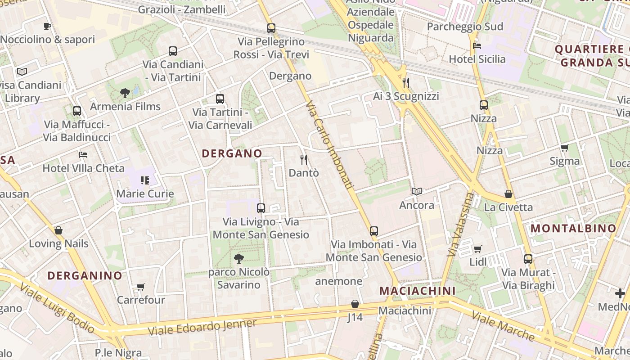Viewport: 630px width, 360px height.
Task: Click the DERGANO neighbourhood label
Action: pos(232,153)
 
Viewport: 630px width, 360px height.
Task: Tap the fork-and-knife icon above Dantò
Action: pos(304,159)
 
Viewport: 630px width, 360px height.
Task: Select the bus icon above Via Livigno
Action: pos(261,208)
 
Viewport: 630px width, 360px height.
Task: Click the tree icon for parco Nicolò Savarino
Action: pos(239,258)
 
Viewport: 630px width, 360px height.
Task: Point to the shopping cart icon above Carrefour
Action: pos(141,287)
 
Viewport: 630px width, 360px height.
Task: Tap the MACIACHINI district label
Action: pos(418,291)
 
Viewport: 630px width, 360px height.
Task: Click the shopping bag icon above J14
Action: pos(355,304)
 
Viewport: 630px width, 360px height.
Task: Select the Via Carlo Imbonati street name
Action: pos(329,145)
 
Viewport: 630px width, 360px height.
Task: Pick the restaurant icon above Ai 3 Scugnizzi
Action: pos(406,82)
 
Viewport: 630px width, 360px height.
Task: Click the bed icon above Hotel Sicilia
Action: pos(477,46)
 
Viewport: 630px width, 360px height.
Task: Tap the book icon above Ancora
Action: pos(417,192)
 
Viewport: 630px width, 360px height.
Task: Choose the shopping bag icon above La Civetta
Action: pos(508,194)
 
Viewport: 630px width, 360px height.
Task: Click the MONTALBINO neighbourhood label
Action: pos(573,228)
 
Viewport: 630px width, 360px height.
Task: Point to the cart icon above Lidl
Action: pos(477,249)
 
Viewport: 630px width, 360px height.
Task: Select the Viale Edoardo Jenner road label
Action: pos(202,327)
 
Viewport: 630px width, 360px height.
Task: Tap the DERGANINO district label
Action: pos(85,275)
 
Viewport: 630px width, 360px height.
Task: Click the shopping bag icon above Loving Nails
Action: pos(58,230)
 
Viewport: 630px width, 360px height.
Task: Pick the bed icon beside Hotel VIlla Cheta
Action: pos(83,155)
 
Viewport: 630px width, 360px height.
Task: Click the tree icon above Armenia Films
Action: pos(125,93)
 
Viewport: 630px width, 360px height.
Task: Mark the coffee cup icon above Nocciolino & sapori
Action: pos(47,27)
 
